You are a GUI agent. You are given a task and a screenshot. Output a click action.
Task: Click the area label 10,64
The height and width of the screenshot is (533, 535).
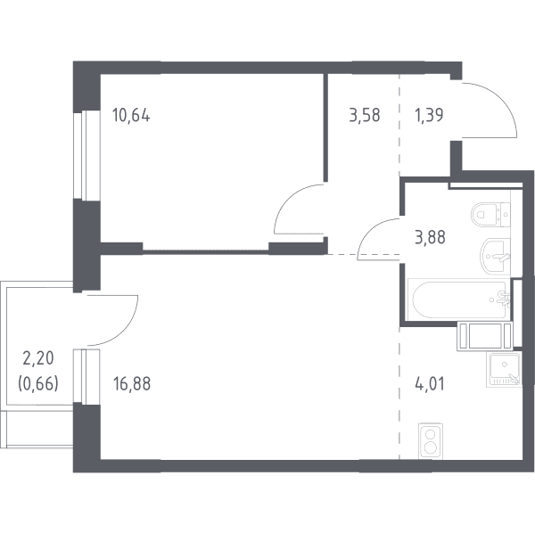(x=131, y=116)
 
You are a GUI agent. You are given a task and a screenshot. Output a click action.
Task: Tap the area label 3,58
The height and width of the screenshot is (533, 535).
(x=365, y=115)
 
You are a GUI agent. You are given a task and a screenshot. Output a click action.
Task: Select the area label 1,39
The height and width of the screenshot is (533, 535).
(x=429, y=115)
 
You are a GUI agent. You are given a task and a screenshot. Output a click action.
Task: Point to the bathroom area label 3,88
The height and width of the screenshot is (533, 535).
(x=430, y=237)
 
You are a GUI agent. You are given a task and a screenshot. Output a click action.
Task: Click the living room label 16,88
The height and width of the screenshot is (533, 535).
(x=132, y=383)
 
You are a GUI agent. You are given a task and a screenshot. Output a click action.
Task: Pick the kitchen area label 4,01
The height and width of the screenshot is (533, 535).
(x=430, y=383)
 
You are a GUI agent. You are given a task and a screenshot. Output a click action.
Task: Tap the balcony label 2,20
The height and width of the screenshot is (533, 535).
(x=38, y=358)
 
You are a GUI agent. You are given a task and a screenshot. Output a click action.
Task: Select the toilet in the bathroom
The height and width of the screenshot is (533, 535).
(x=490, y=215)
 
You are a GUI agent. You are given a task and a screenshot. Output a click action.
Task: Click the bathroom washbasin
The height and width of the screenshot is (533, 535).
(x=495, y=256)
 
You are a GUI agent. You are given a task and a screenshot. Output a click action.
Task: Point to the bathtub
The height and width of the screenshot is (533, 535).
(x=459, y=299)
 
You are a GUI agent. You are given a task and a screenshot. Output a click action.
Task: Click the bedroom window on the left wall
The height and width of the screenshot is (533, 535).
(x=86, y=155)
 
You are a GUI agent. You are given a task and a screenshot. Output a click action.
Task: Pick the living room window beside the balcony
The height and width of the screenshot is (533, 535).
(x=86, y=376)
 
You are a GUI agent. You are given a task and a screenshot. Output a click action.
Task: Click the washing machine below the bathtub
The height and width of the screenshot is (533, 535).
(x=485, y=336)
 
